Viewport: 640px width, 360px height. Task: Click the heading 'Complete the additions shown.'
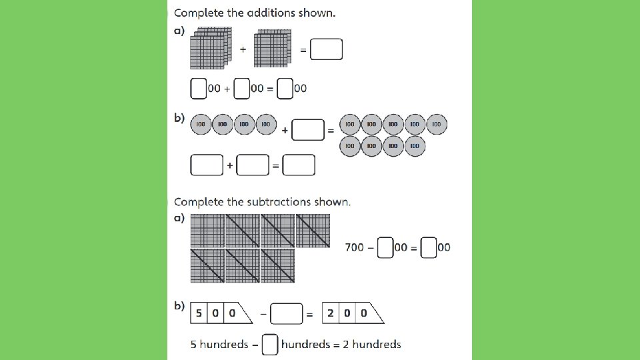pyautogui.click(x=255, y=13)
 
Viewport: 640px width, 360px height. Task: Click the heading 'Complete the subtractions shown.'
pyautogui.click(x=262, y=202)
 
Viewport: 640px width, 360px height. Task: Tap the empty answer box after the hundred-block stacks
pyautogui.click(x=327, y=49)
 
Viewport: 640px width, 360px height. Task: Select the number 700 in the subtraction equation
pyautogui.click(x=355, y=247)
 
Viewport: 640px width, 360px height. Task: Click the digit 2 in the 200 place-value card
pyautogui.click(x=331, y=313)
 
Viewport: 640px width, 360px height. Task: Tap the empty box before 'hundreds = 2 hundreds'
pyautogui.click(x=270, y=344)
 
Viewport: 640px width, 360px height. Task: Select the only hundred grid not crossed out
pyautogui.click(x=207, y=230)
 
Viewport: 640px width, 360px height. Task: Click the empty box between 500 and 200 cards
pyautogui.click(x=287, y=313)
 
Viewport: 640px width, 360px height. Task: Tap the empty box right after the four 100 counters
pyautogui.click(x=308, y=131)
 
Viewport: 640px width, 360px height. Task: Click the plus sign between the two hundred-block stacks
pyautogui.click(x=243, y=49)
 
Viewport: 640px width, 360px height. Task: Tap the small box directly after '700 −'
pyautogui.click(x=385, y=248)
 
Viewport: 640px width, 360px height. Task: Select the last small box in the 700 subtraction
pyautogui.click(x=429, y=248)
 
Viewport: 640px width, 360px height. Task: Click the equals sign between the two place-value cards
pyautogui.click(x=309, y=314)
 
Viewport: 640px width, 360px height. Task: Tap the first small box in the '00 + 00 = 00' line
pyautogui.click(x=198, y=88)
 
